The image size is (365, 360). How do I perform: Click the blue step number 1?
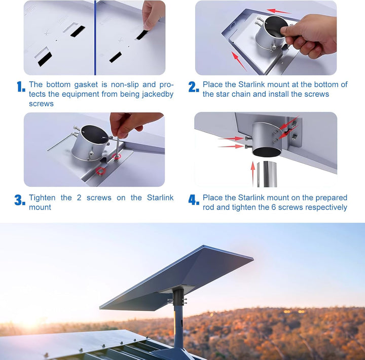[x=21, y=87]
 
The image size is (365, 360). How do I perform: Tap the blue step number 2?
[x=194, y=87]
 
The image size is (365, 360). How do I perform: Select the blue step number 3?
[x=20, y=200]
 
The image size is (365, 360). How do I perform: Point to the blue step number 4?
[x=194, y=200]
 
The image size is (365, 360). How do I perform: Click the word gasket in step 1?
[x=86, y=85]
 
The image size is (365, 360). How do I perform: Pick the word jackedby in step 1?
[x=158, y=94]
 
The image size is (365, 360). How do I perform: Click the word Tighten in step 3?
[x=42, y=198]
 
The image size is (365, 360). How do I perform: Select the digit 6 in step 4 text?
[x=274, y=207]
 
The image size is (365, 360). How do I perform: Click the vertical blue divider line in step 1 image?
[x=95, y=37]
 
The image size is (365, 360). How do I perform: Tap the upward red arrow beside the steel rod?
[x=253, y=173]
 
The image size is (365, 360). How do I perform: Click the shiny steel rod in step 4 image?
[x=267, y=174]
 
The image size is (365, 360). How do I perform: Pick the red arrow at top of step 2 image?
[x=278, y=11]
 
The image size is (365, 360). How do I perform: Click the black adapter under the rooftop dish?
[x=178, y=297]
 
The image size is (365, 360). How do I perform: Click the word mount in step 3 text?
[x=40, y=207]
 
